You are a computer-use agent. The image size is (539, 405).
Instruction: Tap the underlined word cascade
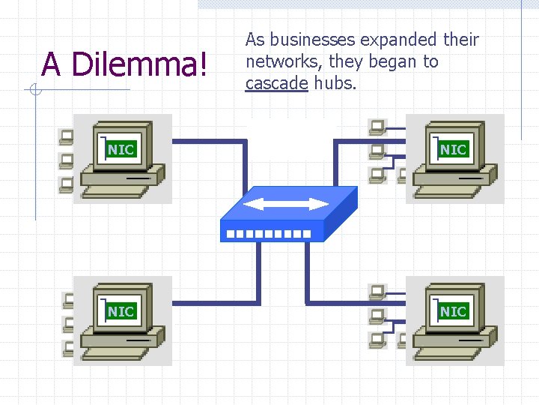pos(276,83)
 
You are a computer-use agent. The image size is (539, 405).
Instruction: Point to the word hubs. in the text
pos(335,83)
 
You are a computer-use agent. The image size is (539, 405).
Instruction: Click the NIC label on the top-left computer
pos(121,149)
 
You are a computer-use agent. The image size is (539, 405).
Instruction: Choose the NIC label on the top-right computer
pos(453,149)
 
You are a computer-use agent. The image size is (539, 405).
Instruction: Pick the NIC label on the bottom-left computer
pos(121,311)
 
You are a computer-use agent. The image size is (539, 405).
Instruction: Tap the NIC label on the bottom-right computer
pos(453,311)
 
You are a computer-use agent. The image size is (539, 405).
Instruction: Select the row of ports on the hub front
pos(268,234)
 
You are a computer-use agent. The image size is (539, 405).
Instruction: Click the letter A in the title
pos(51,64)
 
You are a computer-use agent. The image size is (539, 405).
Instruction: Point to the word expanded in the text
pos(398,39)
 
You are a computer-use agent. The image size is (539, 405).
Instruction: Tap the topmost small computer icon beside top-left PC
pos(67,136)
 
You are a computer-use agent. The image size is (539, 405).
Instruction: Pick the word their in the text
pos(460,39)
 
